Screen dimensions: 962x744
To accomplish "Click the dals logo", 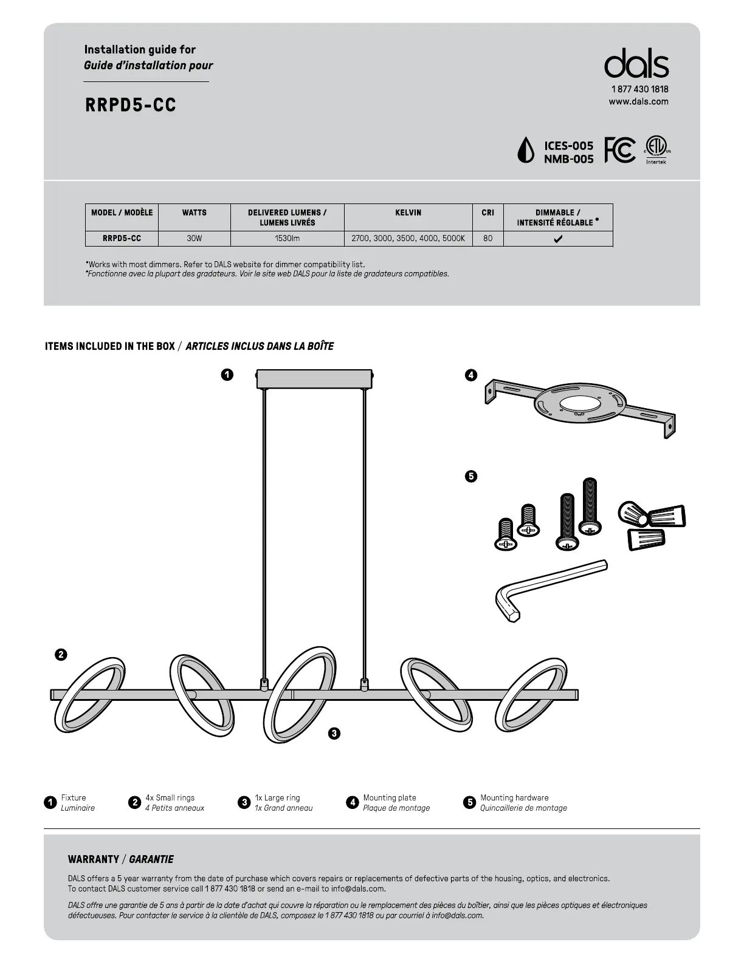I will pos(636,64).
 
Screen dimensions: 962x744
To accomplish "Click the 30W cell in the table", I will pos(194,239).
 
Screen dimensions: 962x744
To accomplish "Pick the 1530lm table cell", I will pos(287,239).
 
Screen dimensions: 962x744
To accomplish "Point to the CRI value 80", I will pos(487,239).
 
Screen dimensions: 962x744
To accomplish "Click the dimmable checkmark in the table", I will pos(558,239).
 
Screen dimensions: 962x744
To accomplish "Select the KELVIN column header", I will pos(408,213).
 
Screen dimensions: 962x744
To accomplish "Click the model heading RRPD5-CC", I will pos(131,105).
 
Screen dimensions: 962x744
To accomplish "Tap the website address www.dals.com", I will pos(638,101).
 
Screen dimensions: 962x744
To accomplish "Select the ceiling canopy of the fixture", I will pos(314,378).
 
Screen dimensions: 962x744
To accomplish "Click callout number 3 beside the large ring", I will pos(334,734).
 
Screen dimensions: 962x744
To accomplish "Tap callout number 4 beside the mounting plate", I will pos(470,375).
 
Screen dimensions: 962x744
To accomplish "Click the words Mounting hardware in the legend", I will pos(514,797).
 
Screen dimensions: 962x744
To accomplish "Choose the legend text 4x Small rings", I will pos(170,797).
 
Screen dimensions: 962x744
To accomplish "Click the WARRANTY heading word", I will pos(94,859).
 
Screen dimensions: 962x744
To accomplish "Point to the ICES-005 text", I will pos(568,146).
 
